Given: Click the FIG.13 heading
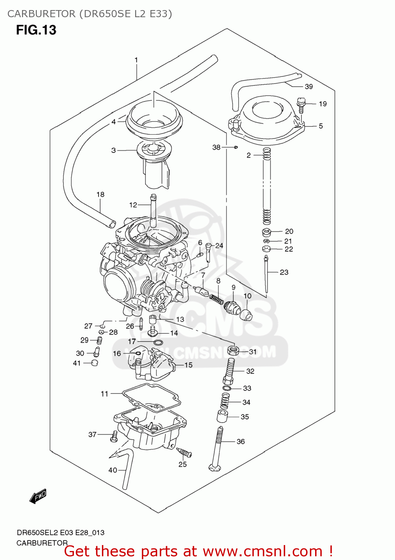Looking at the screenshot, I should (36, 30).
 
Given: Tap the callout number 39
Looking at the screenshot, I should (308, 87).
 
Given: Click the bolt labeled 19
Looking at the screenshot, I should (301, 105).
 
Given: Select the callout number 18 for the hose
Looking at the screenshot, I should (100, 195).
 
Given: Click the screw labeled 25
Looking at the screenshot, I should (185, 453).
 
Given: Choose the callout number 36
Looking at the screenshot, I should (241, 442).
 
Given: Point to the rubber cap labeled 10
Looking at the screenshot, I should (246, 315).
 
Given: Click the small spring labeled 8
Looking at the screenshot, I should (216, 299).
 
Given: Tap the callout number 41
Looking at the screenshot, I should (77, 363).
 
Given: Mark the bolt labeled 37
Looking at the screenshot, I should (114, 436).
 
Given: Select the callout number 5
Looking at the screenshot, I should (320, 126).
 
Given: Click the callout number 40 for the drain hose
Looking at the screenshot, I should (113, 470).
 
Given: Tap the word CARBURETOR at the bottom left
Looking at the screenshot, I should (42, 543).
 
